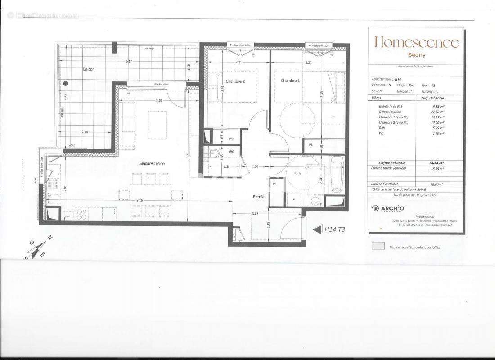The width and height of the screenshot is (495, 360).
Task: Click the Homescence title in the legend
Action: pos(417,43)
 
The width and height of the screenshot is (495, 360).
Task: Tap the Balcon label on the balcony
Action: pos(88,70)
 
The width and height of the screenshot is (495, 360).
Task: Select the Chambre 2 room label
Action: pos(235,81)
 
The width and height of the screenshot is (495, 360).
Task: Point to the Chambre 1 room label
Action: pos(290,81)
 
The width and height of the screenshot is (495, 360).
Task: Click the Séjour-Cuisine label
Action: pos(152,163)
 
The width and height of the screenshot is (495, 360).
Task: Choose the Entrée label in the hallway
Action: pos(258,197)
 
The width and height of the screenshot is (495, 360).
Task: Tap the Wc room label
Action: pos(231,151)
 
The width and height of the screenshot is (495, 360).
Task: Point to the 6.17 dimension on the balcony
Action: pos(129,61)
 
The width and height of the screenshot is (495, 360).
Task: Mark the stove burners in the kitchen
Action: pos(82,215)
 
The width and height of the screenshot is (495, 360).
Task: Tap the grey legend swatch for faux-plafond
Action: pos(378,246)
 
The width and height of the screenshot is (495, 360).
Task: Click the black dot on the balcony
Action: pos(66,83)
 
